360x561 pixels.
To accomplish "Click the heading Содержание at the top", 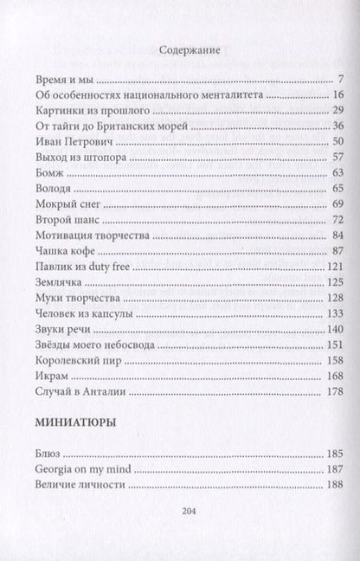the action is (x=180, y=50).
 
